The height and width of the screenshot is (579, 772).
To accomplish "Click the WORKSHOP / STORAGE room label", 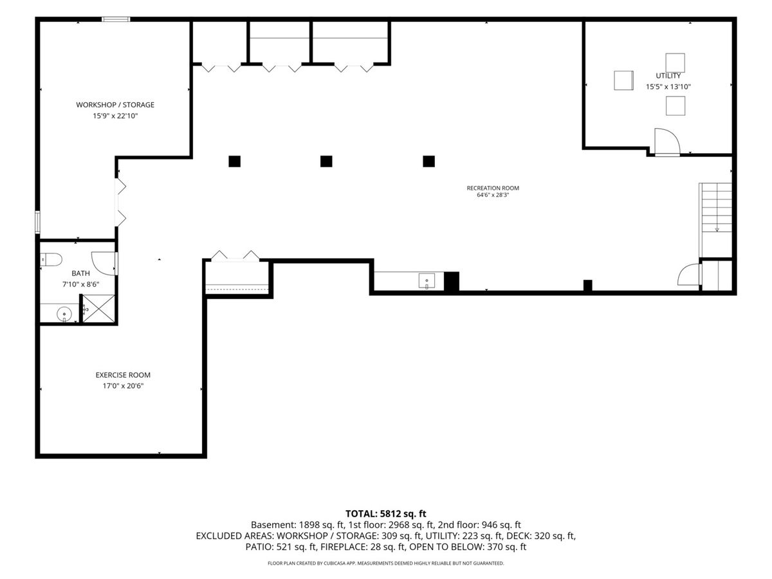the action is pyautogui.click(x=115, y=105).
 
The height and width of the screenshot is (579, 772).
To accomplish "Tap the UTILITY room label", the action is pyautogui.click(x=668, y=75).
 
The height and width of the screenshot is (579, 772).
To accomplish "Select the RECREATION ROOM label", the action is pyautogui.click(x=493, y=188).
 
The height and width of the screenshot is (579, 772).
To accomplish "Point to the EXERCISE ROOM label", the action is pyautogui.click(x=123, y=375).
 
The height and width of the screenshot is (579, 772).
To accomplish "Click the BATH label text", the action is pyautogui.click(x=80, y=273).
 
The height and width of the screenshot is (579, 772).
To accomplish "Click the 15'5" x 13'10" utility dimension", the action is pyautogui.click(x=668, y=86).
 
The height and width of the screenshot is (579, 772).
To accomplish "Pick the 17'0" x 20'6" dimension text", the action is pyautogui.click(x=123, y=386).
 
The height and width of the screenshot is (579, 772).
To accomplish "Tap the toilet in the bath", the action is pyautogui.click(x=51, y=260).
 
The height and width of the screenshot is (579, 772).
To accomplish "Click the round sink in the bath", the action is pyautogui.click(x=64, y=313).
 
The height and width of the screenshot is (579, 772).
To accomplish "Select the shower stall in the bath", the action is pyautogui.click(x=99, y=308).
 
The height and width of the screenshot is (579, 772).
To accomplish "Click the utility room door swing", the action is pyautogui.click(x=667, y=142).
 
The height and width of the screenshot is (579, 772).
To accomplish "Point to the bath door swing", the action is pyautogui.click(x=104, y=263).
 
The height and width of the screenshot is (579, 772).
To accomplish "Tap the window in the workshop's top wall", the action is pyautogui.click(x=116, y=19).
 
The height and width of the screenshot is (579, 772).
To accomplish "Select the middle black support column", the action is pyautogui.click(x=326, y=161).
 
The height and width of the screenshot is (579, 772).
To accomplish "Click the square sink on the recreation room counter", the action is pyautogui.click(x=427, y=281).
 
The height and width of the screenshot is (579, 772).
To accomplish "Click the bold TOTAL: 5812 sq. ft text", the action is pyautogui.click(x=386, y=513).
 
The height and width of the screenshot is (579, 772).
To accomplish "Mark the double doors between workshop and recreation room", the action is pyautogui.click(x=120, y=202).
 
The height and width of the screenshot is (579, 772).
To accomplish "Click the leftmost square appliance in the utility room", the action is pyautogui.click(x=623, y=80).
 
